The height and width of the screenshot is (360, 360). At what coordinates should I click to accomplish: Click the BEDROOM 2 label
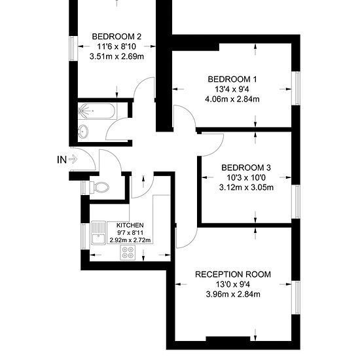[x=117, y=37]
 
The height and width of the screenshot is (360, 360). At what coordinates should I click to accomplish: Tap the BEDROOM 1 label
[x=232, y=79]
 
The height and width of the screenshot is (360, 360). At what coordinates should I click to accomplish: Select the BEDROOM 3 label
[x=246, y=168]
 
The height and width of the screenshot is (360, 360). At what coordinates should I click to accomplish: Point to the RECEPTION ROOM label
[x=233, y=274]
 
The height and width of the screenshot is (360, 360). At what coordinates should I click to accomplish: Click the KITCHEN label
[x=130, y=225]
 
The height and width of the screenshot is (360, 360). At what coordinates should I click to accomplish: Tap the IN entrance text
[x=62, y=160]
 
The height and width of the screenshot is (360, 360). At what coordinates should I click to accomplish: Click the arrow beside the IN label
[x=73, y=159]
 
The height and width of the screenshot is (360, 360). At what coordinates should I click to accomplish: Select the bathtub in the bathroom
[x=96, y=111]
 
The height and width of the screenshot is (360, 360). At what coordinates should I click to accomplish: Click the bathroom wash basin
[x=83, y=132]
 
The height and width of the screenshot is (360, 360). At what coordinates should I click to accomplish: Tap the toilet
[x=99, y=187]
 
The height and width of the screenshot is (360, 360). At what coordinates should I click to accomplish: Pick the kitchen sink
[x=98, y=232]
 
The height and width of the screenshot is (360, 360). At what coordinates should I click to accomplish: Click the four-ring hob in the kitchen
[x=128, y=253]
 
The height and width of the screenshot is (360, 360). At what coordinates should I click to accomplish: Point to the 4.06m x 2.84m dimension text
[x=232, y=99]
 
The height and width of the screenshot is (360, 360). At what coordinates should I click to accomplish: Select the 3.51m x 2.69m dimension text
[x=117, y=56]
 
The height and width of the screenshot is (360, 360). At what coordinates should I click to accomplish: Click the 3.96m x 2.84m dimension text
[x=233, y=294]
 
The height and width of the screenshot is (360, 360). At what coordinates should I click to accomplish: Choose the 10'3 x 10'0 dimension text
[x=246, y=177]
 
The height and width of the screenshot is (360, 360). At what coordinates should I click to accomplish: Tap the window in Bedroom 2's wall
[x=72, y=48]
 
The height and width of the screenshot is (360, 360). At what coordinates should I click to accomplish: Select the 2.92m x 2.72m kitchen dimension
[x=130, y=240]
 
